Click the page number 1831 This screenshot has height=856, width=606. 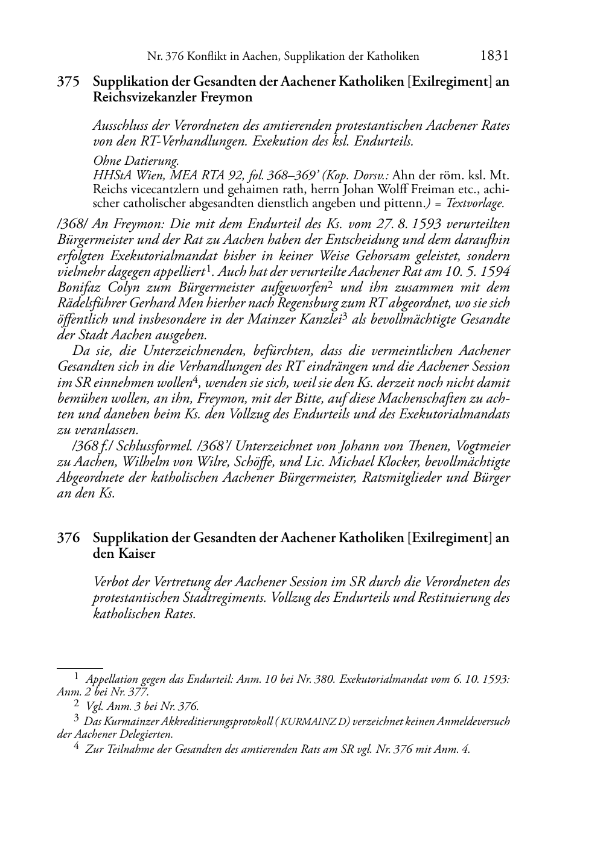click(495, 56)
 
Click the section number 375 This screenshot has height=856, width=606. click(68, 81)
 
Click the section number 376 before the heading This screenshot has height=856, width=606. click(68, 538)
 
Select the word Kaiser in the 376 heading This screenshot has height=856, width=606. click(136, 554)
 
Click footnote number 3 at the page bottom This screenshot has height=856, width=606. click(77, 718)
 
